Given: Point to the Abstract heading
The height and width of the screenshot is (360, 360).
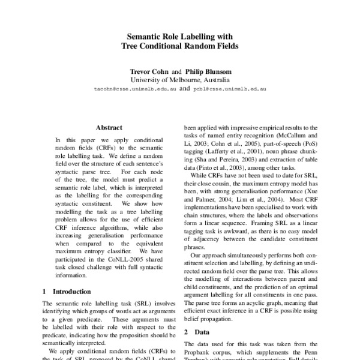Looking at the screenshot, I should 109,128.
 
